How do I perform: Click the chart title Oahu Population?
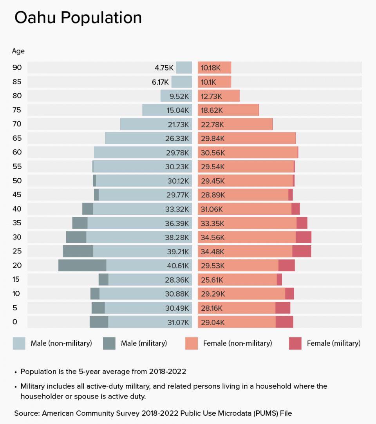coord(78,18)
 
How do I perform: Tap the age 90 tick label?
coord(17,67)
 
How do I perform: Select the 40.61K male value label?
coord(178,266)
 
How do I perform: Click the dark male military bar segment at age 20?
coord(82,265)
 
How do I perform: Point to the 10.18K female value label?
coord(211,68)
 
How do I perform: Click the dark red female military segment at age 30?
coord(303,237)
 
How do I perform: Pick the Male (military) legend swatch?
coord(109,343)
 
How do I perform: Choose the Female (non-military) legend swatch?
coord(192,343)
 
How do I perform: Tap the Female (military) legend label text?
coord(333,343)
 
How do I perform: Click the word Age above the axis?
coord(18,51)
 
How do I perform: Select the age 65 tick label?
coord(17,138)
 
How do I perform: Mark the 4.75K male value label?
coord(164,68)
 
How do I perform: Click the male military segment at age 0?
coord(99,322)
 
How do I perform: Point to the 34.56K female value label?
coord(212,237)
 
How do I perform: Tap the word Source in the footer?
coord(27,413)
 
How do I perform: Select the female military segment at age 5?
coord(282,308)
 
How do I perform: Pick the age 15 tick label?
coord(16,279)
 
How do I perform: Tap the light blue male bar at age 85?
coord(182,82)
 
